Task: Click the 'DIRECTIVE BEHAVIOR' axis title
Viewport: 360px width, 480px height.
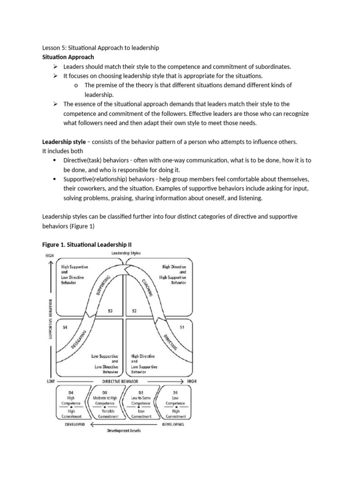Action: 120,381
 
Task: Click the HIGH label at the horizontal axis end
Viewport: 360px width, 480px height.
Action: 192,381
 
